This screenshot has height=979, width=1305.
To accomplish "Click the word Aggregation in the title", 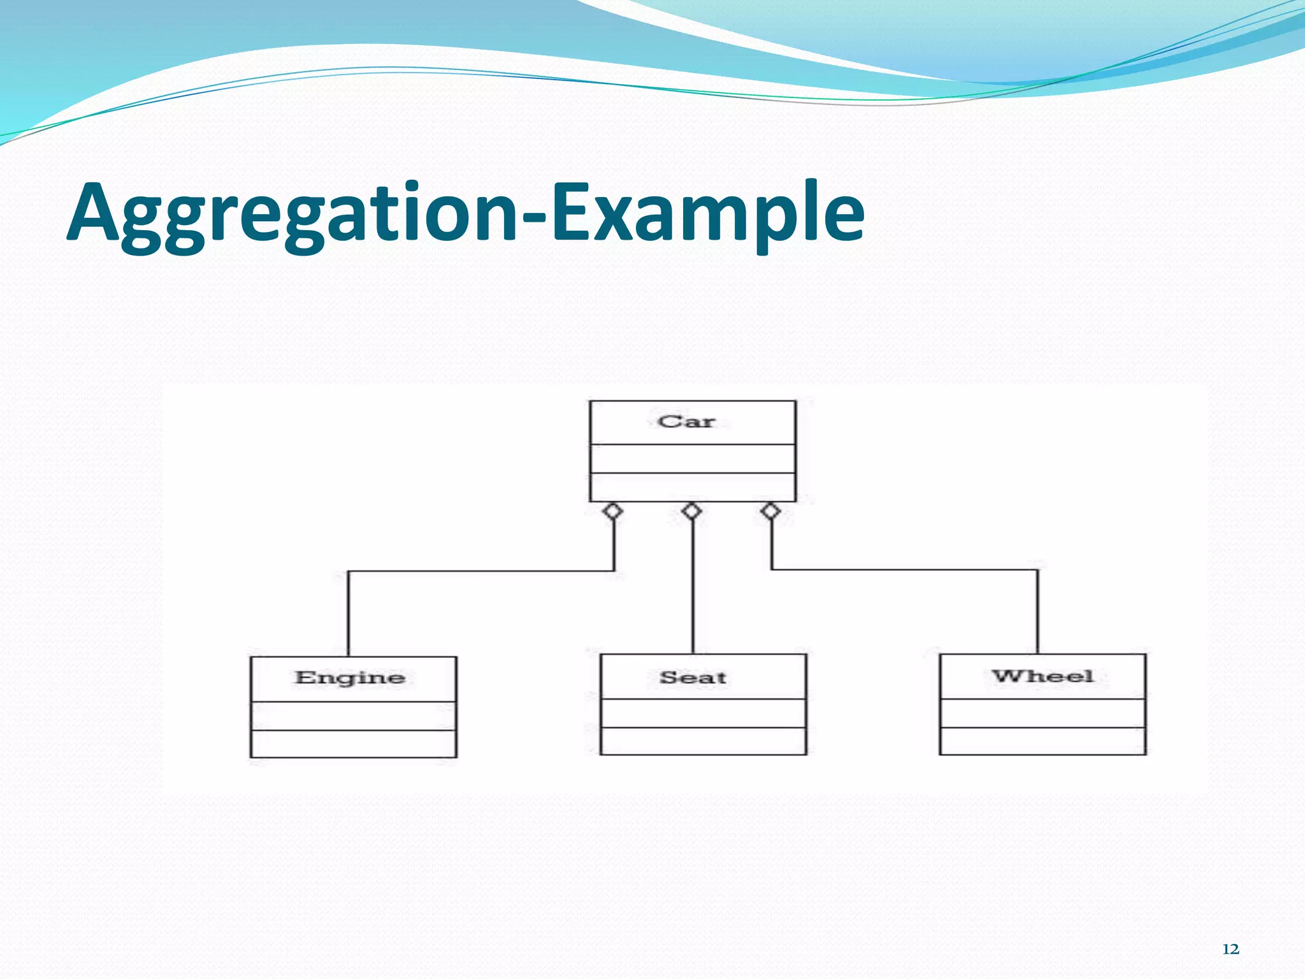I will click(293, 214).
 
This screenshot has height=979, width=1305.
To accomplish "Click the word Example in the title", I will click(707, 214).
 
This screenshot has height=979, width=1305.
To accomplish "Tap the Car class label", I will click(686, 421).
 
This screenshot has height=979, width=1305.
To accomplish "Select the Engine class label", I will click(350, 678).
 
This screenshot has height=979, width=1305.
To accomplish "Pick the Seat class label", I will click(693, 678).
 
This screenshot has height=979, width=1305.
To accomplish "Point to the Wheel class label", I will click(1042, 676).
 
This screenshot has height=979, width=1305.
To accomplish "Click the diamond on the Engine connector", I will click(613, 511).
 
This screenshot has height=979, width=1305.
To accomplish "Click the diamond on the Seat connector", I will click(692, 511).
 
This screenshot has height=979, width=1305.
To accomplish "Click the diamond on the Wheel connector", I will click(771, 511).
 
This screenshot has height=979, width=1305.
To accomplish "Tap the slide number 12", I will click(1230, 950).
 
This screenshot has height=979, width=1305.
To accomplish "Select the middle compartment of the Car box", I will click(693, 459).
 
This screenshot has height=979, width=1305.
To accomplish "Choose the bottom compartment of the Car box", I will click(693, 487).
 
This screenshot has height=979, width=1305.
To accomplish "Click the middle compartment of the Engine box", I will click(354, 716).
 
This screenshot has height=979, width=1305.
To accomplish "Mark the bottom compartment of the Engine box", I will click(354, 744).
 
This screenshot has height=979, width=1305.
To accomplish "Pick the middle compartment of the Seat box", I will click(703, 713).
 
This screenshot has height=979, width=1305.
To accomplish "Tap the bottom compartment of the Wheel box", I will click(1042, 741).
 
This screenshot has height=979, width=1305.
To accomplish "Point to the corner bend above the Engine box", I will click(349, 572).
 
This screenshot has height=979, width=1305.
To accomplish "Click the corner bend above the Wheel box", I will click(1037, 570).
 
